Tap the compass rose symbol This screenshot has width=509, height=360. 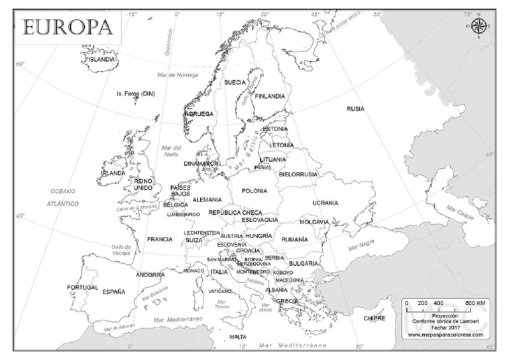pos(479,26)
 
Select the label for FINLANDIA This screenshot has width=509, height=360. pos(270,96)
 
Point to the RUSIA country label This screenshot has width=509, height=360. pos(355,109)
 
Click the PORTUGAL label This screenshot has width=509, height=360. pos(82,288)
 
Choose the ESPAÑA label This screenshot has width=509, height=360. pos(113,292)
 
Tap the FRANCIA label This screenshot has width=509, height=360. pos(160,239)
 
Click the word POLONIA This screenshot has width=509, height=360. pos(254,191)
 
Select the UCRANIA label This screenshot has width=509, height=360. pos(325,203)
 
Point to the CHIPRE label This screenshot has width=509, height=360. pos(374,319)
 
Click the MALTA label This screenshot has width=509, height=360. pos(238,337)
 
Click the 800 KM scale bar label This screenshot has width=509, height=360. pos(475,303)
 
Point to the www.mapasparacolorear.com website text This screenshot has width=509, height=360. pos(445,335)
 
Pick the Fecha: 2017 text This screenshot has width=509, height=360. pos(445,328)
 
